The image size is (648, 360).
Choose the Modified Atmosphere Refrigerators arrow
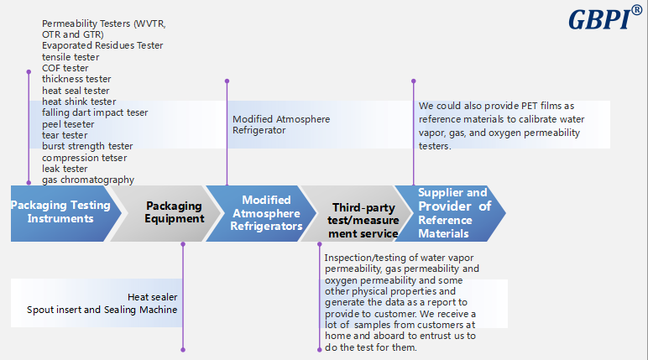pyautogui.click(x=265, y=213)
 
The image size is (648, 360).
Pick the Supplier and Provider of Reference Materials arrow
pyautogui.click(x=454, y=213)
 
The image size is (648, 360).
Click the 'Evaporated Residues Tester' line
pyautogui.click(x=102, y=45)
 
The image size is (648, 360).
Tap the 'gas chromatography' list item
pyautogui.click(x=88, y=180)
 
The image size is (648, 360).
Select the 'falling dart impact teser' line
pyautogui.click(x=95, y=112)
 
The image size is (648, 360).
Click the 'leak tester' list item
pyautogui.click(x=65, y=169)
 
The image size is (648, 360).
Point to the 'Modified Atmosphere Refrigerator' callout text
pyautogui.click(x=281, y=124)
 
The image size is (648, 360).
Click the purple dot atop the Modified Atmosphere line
pyautogui.click(x=227, y=81)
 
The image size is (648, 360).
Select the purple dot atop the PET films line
pyautogui.click(x=413, y=81)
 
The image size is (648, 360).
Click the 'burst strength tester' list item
pyautogui.click(x=87, y=146)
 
